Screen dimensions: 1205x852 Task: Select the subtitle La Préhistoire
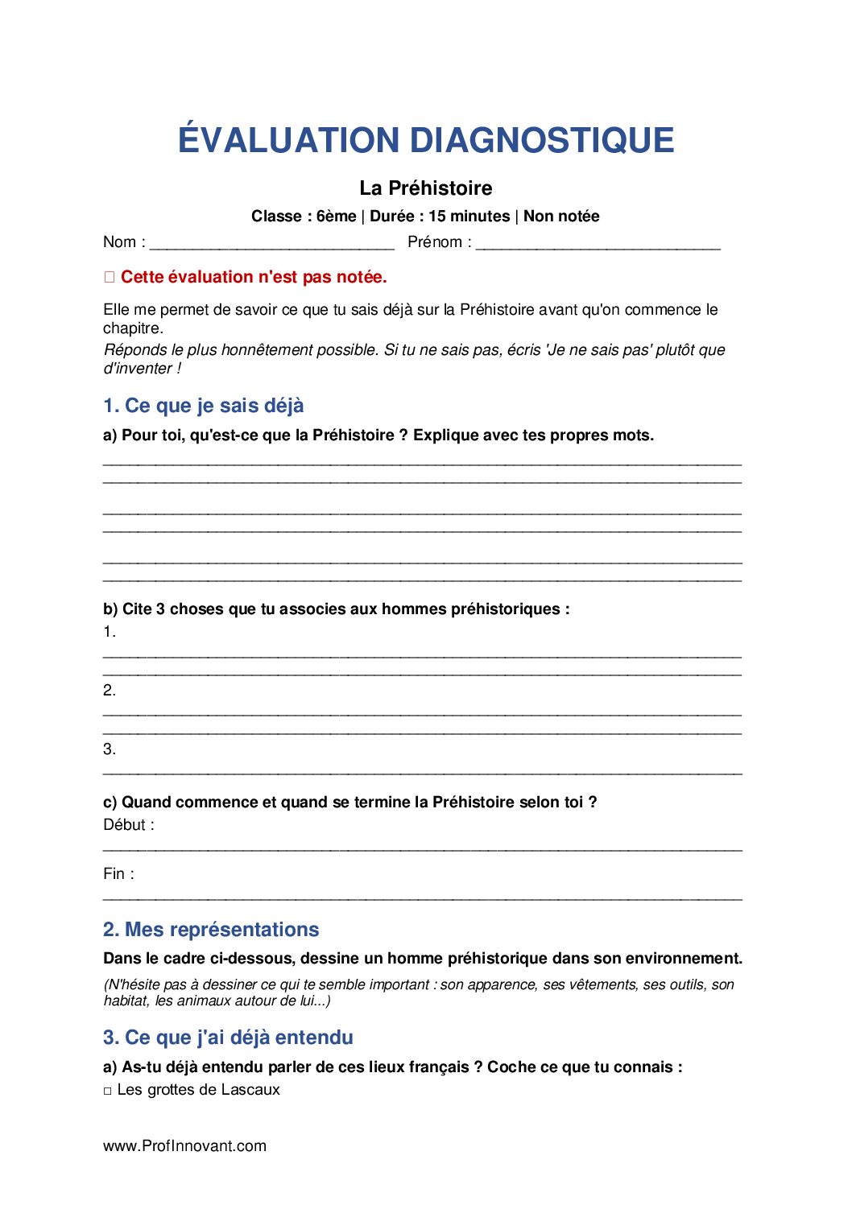point(425,188)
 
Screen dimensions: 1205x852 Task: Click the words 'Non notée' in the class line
point(561,217)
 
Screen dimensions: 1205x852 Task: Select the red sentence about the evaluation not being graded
point(254,277)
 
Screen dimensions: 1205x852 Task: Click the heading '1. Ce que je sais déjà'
point(204,406)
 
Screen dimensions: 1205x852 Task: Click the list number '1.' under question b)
point(110,632)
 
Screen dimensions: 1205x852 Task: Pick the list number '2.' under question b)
point(110,690)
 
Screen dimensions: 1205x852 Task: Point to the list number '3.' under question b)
point(110,749)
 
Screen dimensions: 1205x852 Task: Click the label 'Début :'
point(129,825)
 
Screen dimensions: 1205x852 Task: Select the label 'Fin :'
point(118,874)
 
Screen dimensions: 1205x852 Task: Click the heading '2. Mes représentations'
point(211,930)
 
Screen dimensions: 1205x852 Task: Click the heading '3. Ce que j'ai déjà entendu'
point(228,1038)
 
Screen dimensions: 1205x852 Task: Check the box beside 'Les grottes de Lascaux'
point(108,1091)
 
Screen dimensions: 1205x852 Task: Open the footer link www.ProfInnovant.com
point(184,1146)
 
